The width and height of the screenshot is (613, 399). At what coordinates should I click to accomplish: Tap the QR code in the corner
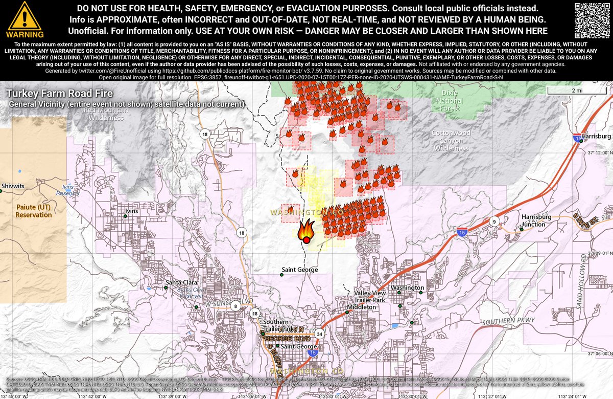click(x=593, y=19)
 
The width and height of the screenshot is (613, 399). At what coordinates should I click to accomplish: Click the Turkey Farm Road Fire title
click(x=59, y=94)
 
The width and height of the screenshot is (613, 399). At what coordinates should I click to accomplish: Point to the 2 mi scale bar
click(x=577, y=91)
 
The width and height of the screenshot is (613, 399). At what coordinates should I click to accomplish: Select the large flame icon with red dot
click(x=306, y=231)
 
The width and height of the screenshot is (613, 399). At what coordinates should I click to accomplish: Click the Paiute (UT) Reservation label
click(x=34, y=211)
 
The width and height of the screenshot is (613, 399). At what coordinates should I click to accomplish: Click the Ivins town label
click(x=132, y=211)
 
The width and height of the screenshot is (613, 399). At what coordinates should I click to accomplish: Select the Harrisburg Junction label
click(x=536, y=220)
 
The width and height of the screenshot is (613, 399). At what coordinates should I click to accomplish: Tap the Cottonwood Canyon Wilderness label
click(x=451, y=140)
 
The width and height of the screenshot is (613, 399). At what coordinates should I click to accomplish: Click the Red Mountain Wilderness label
click(x=106, y=114)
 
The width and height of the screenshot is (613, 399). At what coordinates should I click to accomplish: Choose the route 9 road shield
click(x=494, y=221)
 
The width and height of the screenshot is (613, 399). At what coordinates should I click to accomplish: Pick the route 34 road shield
click(x=319, y=334)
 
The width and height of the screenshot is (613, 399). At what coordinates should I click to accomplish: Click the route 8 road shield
click(x=235, y=306)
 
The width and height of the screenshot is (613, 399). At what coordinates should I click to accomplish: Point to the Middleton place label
click(x=361, y=307)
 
